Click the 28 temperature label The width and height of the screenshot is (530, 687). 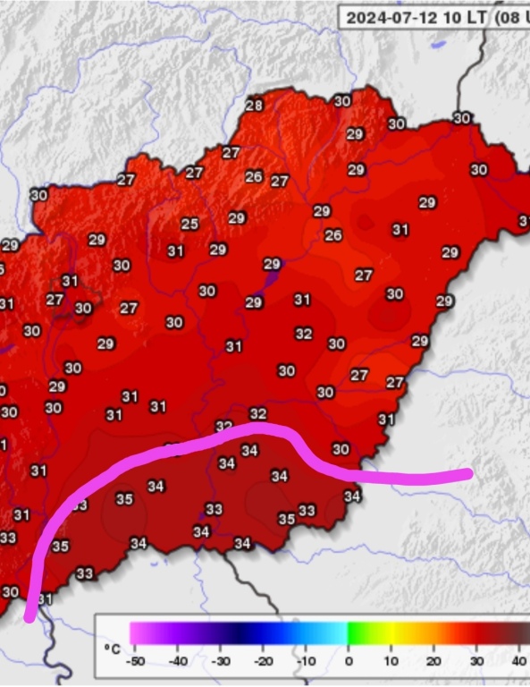pyautogui.click(x=254, y=106)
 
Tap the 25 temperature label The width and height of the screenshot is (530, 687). pyautogui.click(x=189, y=224)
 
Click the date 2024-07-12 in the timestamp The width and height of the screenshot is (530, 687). pyautogui.click(x=390, y=17)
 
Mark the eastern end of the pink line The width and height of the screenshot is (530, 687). pyautogui.click(x=468, y=472)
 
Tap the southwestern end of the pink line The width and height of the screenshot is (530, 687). pyautogui.click(x=30, y=615)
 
